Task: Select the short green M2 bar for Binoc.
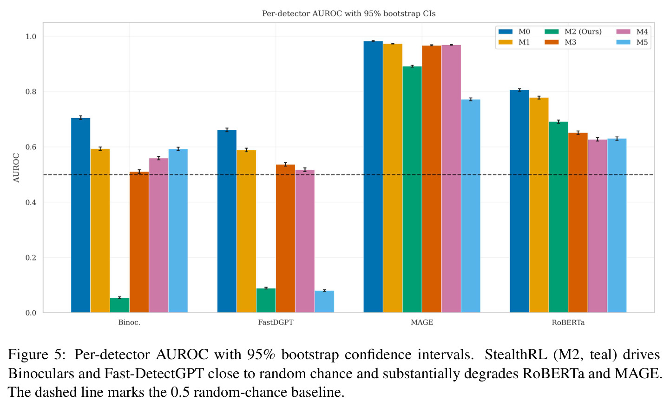click(120, 305)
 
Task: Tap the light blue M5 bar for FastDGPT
click(324, 301)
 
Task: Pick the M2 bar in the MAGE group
click(412, 189)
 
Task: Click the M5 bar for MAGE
click(471, 206)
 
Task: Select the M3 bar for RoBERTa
click(578, 222)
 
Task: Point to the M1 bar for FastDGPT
click(246, 231)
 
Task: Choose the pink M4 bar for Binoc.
click(158, 235)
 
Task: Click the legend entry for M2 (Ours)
click(573, 32)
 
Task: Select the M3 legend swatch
click(552, 42)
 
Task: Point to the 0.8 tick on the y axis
click(31, 92)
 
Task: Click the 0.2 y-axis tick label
click(31, 258)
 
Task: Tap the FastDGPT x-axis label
click(276, 322)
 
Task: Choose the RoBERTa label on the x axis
click(568, 322)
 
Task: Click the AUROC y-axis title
click(16, 168)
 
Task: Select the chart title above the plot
click(348, 13)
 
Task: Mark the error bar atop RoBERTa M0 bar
click(519, 90)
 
